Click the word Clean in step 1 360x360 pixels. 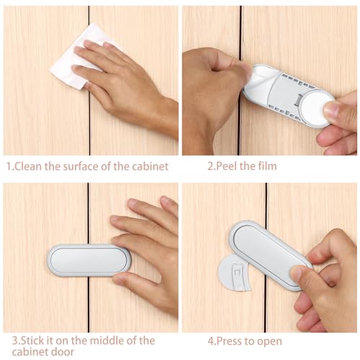[28, 166]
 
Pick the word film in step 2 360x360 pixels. [266, 166]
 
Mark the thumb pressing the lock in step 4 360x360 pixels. [302, 277]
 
